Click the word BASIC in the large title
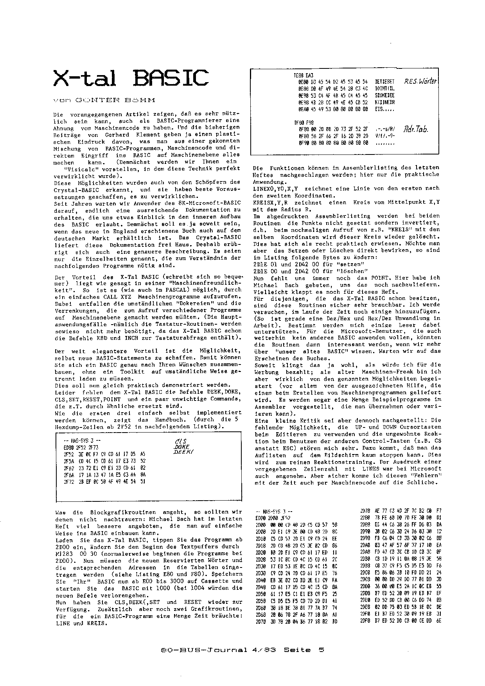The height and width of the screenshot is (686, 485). pyautogui.click(x=171, y=78)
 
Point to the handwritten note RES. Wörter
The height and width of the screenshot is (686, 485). pyautogui.click(x=421, y=82)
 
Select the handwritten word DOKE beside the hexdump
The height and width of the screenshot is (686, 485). pyautogui.click(x=182, y=447)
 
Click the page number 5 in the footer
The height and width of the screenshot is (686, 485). pyautogui.click(x=322, y=650)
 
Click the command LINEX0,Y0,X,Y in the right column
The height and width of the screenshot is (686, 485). pyautogui.click(x=273, y=188)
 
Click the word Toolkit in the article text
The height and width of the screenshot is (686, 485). pyautogui.click(x=132, y=372)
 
